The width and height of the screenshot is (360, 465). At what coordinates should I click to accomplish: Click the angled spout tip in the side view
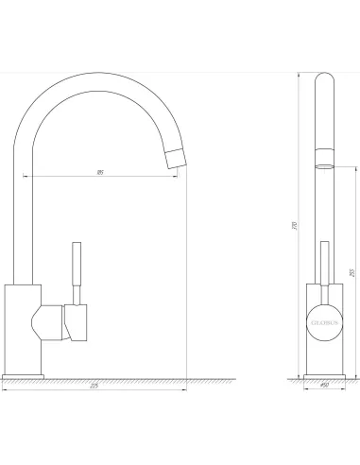pyautogui.click(x=176, y=158)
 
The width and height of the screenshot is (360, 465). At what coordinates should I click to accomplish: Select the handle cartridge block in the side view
pyautogui.click(x=77, y=321)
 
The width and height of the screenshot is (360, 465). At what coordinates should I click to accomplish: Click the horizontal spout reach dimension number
pyautogui.click(x=100, y=171)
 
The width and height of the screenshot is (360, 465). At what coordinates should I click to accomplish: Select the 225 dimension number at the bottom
pyautogui.click(x=94, y=386)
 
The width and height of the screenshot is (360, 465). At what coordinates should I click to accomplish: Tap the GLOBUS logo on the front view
pyautogui.click(x=322, y=320)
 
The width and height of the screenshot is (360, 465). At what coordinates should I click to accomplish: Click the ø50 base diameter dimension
pyautogui.click(x=322, y=387)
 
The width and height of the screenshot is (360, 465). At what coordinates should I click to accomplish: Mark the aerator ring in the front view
pyautogui.click(x=322, y=163)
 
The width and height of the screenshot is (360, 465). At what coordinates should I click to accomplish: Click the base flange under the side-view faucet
pyautogui.click(x=23, y=375)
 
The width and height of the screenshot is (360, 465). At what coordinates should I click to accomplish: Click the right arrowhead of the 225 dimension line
pyautogui.click(x=185, y=389)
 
